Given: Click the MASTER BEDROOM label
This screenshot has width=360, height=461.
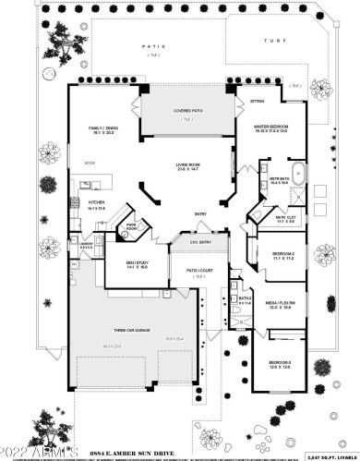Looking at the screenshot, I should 273,127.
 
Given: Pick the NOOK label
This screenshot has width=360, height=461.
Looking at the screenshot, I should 90,163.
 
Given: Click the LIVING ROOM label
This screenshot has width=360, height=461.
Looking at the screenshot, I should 189,165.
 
